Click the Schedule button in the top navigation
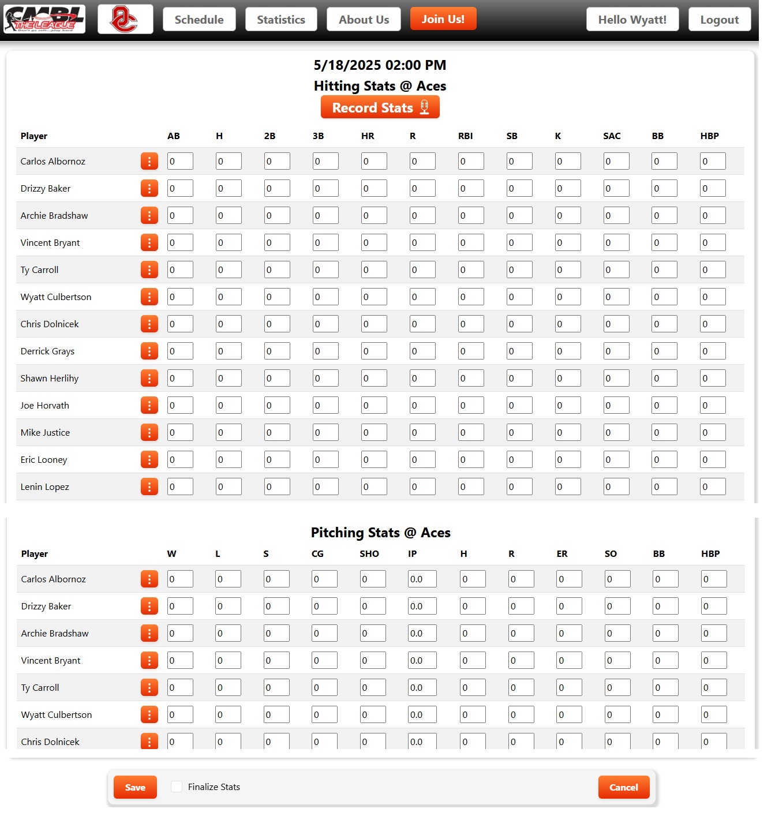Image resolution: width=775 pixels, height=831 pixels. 199,20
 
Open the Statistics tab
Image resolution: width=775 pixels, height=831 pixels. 281,20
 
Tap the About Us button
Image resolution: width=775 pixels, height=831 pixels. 364,20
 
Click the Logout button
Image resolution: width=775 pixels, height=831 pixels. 719,20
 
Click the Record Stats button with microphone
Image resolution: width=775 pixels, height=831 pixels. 380,107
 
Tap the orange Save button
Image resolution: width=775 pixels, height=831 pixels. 135,787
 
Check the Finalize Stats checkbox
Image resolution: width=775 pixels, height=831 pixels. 177,787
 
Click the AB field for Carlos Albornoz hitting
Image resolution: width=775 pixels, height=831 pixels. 180,162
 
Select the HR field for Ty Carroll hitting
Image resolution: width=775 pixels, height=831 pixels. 374,270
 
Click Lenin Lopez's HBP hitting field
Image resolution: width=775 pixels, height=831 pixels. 713,487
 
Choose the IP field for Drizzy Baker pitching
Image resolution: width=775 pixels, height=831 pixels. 422,607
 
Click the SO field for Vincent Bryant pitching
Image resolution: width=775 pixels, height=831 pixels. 617,661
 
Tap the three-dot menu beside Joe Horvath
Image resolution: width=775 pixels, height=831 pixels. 149,406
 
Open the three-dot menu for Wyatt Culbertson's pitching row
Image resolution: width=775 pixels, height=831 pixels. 149,715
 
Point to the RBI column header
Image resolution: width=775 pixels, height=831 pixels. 465,136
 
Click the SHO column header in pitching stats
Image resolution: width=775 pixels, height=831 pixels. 369,554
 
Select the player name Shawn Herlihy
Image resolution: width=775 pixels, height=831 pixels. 50,379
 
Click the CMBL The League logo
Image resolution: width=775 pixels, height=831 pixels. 44,20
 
